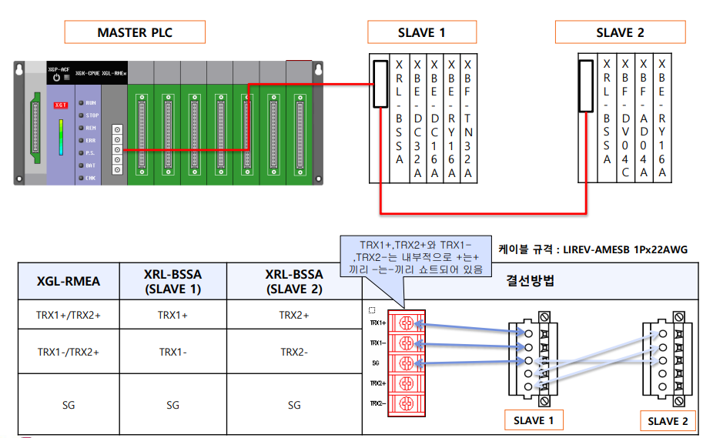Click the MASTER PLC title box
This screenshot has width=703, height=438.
135,32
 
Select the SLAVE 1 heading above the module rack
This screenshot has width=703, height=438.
421,32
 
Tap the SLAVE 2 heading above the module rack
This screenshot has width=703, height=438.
620,32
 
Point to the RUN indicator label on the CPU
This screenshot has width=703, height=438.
91,102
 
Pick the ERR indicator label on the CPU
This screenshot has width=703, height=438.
91,140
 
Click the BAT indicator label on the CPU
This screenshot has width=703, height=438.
91,165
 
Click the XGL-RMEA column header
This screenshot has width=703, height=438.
69,282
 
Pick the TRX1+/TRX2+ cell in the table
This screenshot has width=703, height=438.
69,315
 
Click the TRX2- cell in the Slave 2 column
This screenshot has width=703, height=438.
294,351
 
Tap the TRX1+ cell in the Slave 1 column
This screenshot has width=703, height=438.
172,315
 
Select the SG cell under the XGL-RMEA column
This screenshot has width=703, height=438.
69,404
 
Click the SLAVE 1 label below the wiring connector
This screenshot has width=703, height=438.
534,420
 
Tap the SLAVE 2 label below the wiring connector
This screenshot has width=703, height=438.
668,420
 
